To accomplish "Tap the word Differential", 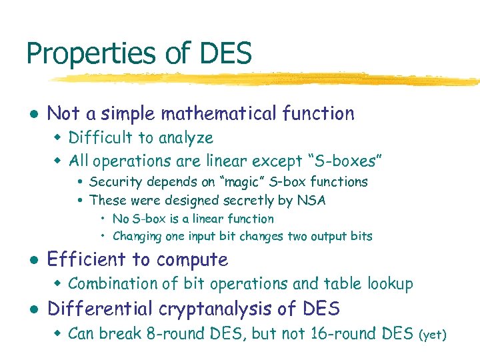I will click(x=96, y=309).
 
